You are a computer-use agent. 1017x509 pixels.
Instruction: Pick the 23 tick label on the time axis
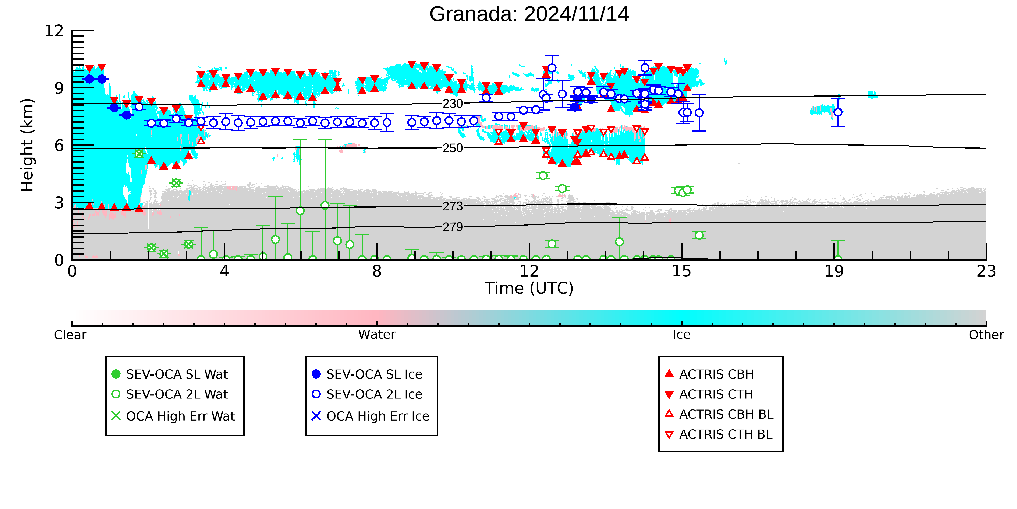(x=986, y=272)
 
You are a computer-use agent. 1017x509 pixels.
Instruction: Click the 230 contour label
(x=453, y=104)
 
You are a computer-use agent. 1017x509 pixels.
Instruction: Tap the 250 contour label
(x=453, y=148)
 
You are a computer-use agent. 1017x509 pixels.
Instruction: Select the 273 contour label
(x=453, y=206)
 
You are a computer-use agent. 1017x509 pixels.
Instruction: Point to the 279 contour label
(x=453, y=227)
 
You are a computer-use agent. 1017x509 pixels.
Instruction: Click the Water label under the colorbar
(x=377, y=335)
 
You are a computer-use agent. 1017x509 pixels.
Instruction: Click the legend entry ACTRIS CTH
(x=709, y=394)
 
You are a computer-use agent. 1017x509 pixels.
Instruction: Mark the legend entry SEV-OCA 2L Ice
(x=367, y=394)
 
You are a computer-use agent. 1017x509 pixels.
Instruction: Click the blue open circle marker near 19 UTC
(x=838, y=112)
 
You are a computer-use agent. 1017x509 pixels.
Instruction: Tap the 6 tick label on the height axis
(x=59, y=146)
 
